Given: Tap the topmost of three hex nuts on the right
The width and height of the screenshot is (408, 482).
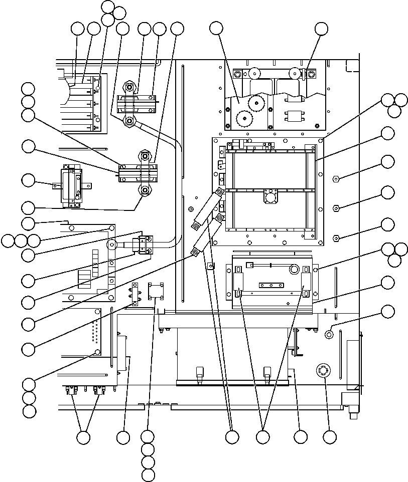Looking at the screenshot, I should tap(336, 178).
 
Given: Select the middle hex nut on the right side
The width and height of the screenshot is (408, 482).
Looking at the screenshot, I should tap(336, 208).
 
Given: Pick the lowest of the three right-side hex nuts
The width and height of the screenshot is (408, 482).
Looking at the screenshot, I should tap(336, 238).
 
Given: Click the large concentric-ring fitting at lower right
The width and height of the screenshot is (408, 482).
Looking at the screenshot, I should tap(321, 371).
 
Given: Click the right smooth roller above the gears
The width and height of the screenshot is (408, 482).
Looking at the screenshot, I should tap(295, 74).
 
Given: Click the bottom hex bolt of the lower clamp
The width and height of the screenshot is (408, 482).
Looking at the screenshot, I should tap(145, 190).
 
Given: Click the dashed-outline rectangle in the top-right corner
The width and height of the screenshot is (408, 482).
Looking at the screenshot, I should tap(353, 65).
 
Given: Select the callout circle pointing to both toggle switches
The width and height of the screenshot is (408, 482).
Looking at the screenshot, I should tap(83, 437).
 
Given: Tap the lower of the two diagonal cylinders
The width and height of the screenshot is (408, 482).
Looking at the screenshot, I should tap(207, 235).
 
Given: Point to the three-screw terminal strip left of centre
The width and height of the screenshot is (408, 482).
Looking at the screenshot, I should tap(134, 295).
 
